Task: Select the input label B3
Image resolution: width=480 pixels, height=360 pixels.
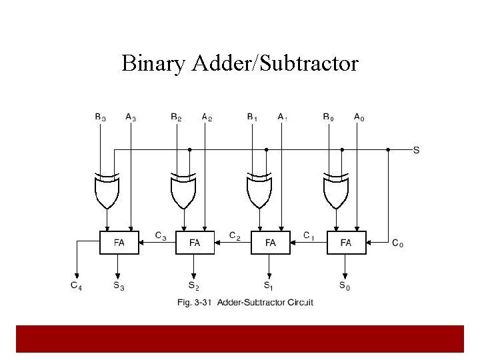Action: tap(100, 117)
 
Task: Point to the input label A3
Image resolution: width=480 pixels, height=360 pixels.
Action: tap(131, 117)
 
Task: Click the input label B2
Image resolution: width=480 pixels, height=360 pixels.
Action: tap(176, 117)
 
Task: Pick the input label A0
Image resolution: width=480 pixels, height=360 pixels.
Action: tap(359, 117)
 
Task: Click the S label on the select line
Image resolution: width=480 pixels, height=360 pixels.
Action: tap(416, 150)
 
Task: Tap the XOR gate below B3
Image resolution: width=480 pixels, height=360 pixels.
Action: tap(107, 190)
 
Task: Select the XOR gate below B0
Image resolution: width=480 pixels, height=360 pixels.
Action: tap(335, 190)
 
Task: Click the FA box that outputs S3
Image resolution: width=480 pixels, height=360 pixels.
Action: tap(119, 243)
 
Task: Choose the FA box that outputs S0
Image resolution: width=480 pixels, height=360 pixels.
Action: tap(346, 243)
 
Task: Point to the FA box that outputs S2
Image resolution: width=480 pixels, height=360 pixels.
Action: tap(194, 243)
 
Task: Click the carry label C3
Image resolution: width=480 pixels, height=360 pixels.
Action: tap(161, 235)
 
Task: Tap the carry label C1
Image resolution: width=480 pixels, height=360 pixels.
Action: tap(309, 235)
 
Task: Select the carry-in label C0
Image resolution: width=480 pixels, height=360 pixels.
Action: tap(397, 244)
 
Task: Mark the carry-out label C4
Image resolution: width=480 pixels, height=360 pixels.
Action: tap(77, 286)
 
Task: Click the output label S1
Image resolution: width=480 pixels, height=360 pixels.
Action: tap(268, 287)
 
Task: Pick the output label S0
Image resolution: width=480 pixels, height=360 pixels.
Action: tap(344, 287)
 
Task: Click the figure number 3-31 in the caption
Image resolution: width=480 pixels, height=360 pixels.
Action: tap(205, 303)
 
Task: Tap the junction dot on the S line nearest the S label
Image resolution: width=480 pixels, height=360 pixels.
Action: tap(389, 150)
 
